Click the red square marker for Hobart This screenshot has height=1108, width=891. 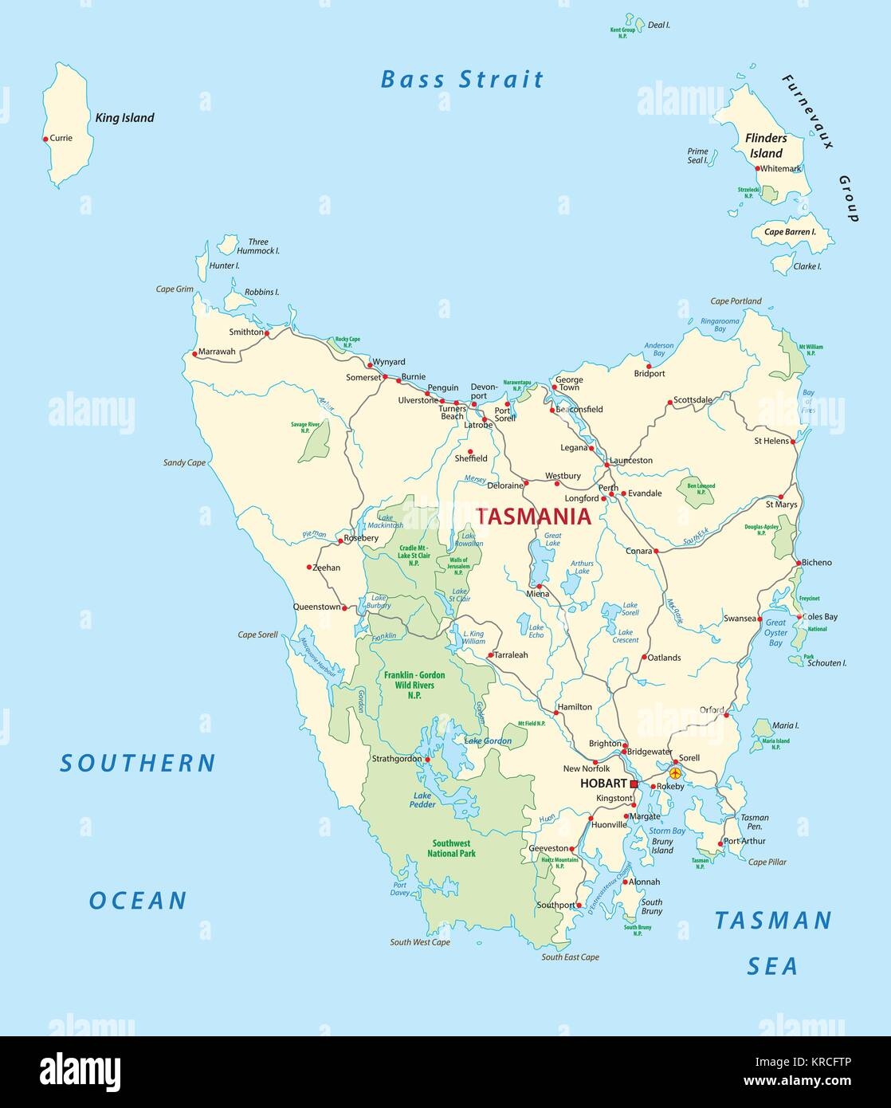[634, 784]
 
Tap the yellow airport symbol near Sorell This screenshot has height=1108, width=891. [675, 772]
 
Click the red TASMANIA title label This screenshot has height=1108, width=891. [534, 517]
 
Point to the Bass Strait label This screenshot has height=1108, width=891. [462, 79]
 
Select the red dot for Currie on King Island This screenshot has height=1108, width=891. [45, 139]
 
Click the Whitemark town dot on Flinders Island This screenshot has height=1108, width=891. [757, 168]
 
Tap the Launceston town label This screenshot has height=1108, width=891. [630, 460]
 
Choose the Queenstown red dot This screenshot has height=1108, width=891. [345, 607]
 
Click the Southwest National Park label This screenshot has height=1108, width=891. [451, 848]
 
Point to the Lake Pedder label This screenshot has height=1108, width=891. [424, 800]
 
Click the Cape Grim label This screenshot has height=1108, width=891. [175, 289]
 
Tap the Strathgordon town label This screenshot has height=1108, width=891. [396, 759]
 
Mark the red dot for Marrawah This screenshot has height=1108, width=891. [194, 353]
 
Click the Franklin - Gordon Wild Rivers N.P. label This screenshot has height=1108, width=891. [414, 685]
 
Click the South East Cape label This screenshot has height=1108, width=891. [570, 957]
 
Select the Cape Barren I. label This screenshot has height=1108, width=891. [791, 232]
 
